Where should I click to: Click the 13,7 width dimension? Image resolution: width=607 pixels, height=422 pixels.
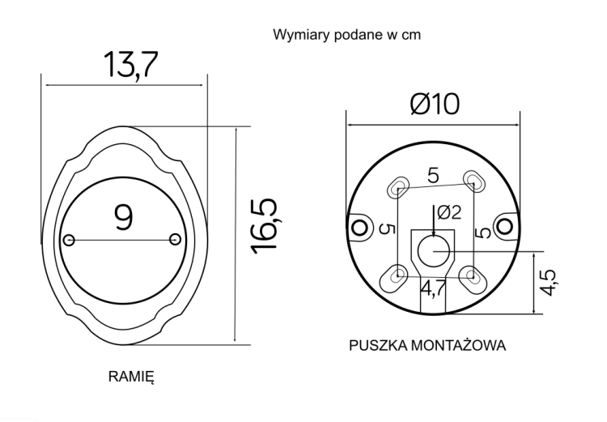click(131, 64)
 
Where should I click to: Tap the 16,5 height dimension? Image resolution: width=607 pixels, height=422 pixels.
click(265, 226)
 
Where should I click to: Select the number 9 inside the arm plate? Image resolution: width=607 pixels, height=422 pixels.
click(124, 217)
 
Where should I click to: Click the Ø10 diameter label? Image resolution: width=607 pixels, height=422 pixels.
click(435, 104)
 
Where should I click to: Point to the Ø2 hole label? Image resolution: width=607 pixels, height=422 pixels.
click(449, 212)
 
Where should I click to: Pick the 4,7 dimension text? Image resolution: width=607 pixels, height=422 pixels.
click(433, 288)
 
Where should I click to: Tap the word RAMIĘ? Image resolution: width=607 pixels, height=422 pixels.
click(131, 377)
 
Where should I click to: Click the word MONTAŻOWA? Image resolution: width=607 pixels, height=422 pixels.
click(458, 344)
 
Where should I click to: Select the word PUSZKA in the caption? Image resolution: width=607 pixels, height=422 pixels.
click(378, 345)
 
